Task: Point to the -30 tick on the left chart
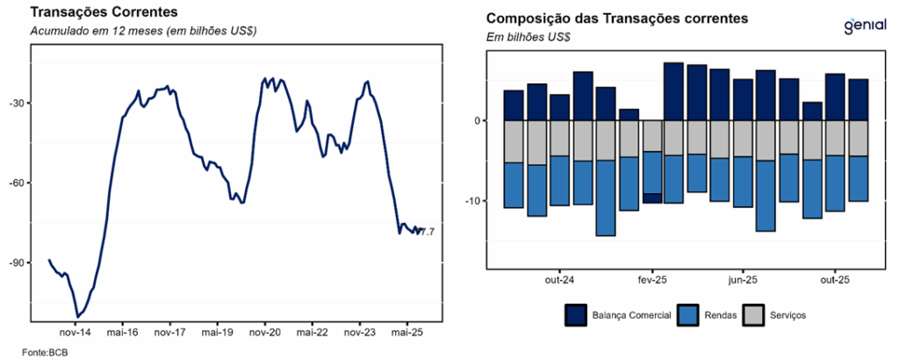coord(18,104)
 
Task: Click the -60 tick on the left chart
coord(18,183)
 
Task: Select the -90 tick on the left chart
coord(18,263)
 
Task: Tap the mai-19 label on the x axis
coord(216,334)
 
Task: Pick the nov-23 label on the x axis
coord(359,334)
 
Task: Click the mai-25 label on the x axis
coord(406,334)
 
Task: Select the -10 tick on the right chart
coord(471,201)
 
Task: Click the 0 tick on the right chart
coord(477,120)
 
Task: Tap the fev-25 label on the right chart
coord(651,280)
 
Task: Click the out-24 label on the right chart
coord(559,280)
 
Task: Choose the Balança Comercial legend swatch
coord(576,314)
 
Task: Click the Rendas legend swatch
coord(688,314)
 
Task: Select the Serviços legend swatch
coord(754,314)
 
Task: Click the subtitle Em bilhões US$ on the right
coord(528,37)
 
